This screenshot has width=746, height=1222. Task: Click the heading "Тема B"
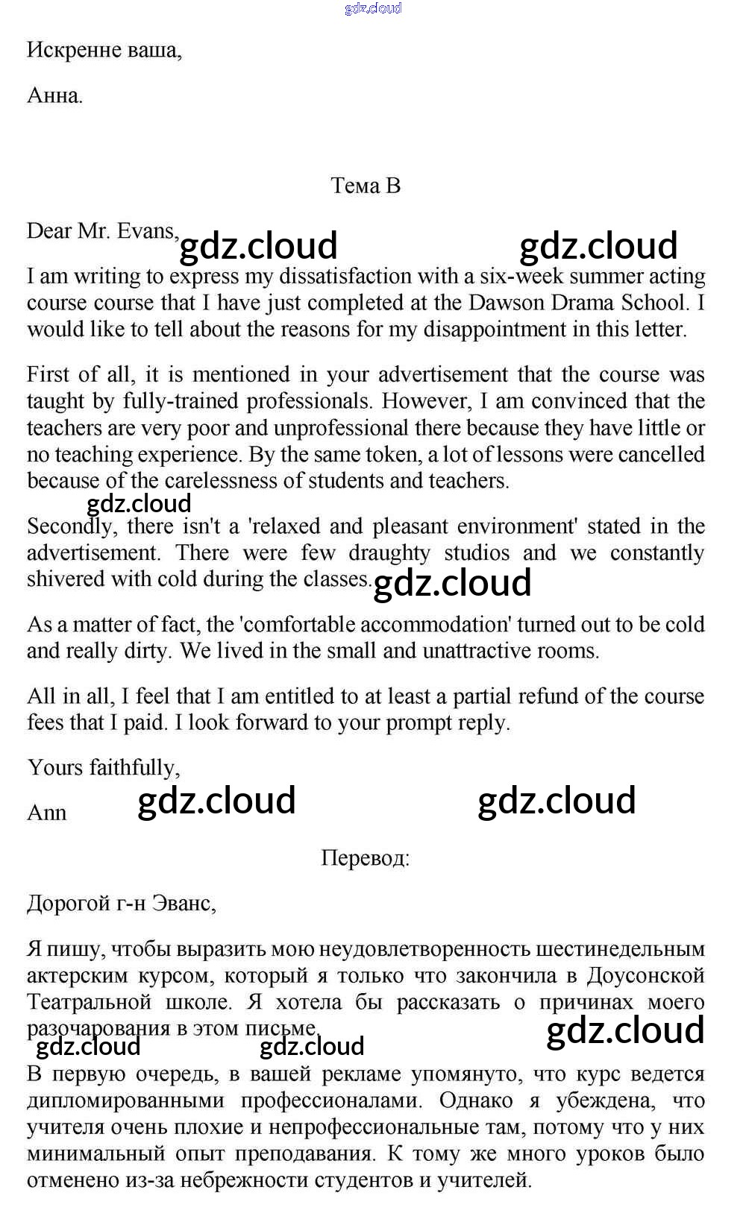(366, 185)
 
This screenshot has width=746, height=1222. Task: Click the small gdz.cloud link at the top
(373, 8)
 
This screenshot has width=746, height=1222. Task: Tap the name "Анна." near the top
(54, 95)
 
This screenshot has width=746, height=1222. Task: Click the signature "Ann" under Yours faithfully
(46, 813)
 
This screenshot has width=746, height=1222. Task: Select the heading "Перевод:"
(366, 858)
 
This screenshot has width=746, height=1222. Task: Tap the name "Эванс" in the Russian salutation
(183, 904)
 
